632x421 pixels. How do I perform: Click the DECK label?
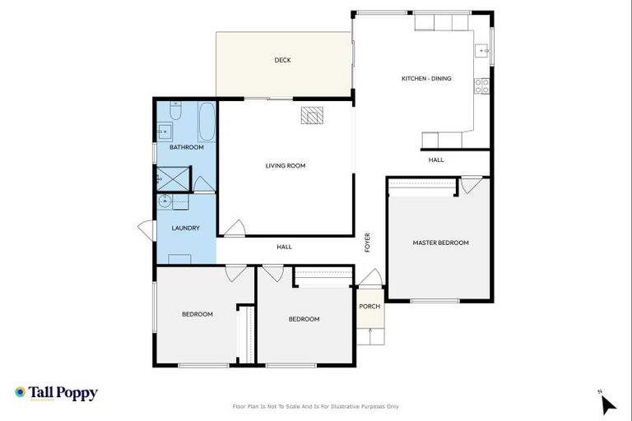282,60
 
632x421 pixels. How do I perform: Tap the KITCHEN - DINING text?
426,79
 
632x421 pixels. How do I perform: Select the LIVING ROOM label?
286,165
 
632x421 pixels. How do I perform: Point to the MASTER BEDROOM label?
440,243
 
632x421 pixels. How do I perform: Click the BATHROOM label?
187,147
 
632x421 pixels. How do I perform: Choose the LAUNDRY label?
185,228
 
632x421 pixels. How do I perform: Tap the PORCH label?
369,307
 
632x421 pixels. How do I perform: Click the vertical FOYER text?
368,243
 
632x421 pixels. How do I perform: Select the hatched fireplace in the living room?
312,116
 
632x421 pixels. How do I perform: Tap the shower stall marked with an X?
173,178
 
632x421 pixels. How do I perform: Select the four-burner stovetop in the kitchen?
484,83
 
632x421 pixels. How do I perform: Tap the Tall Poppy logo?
56,393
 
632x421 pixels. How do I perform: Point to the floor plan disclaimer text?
316,406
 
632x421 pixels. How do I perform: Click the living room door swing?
235,228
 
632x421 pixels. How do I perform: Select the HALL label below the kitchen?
436,160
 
